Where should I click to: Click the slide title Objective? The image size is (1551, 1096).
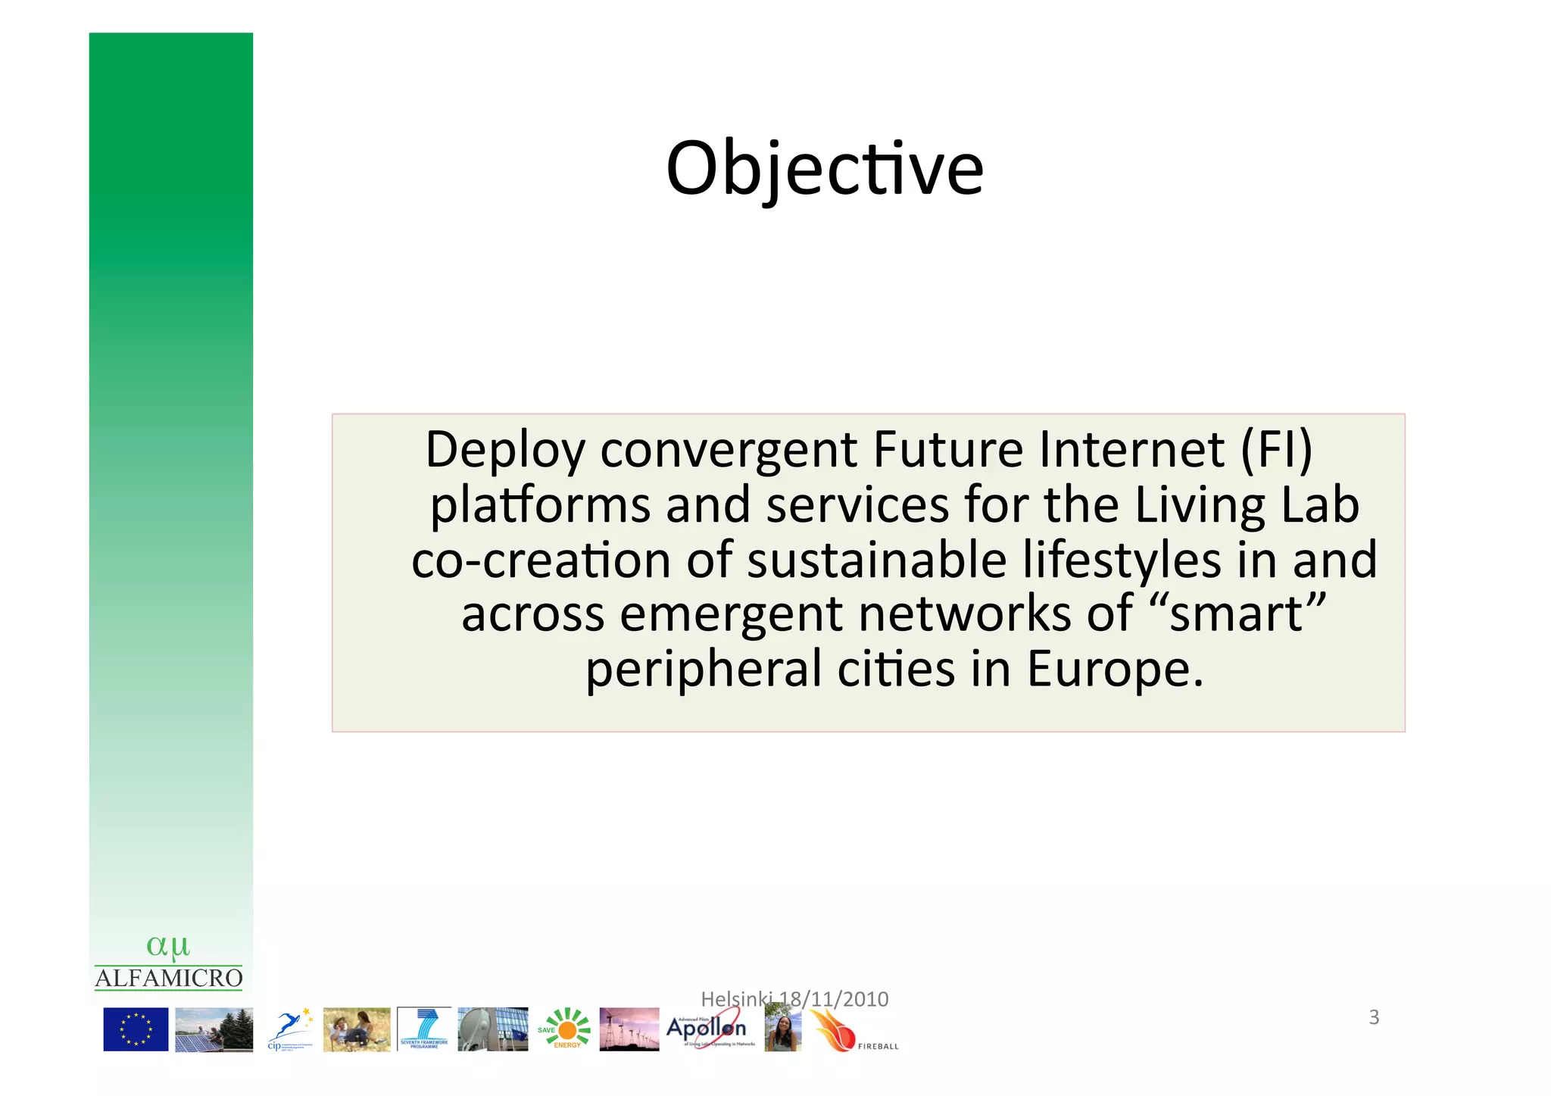click(824, 168)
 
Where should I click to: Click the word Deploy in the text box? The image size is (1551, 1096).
click(505, 451)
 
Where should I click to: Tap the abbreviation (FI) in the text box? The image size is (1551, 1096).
click(1275, 451)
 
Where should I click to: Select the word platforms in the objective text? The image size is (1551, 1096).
click(540, 506)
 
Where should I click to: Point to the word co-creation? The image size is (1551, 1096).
click(541, 560)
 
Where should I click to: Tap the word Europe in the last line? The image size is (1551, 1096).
click(1114, 670)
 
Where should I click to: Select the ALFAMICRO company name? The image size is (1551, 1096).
click(169, 978)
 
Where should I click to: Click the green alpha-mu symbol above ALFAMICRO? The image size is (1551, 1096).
click(168, 946)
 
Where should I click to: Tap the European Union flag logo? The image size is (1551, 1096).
click(136, 1029)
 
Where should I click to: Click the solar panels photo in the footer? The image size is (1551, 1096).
click(214, 1029)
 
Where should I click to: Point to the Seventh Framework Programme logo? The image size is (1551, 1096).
click(424, 1029)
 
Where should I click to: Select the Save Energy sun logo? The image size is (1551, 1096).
click(565, 1029)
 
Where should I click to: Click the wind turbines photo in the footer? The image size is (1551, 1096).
click(629, 1029)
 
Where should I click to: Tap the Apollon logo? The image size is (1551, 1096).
click(707, 1029)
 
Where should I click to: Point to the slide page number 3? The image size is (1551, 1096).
click(1374, 1017)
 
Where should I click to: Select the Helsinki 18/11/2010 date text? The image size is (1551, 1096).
click(794, 999)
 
